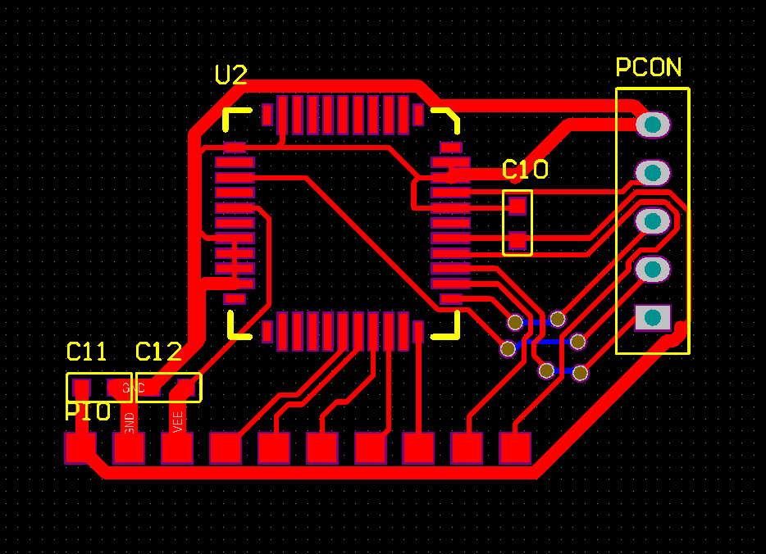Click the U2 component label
point(230,75)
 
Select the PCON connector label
point(649,67)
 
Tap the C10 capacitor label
point(525,170)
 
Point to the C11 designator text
point(86,352)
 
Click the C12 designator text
point(158,352)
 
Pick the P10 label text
point(88,411)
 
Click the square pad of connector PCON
point(652,317)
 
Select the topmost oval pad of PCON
point(653,125)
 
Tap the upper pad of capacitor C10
point(517,205)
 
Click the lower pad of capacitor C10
point(517,240)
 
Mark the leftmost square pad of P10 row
point(80,448)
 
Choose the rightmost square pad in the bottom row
point(515,448)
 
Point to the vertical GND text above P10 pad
point(129,422)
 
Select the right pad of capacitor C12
point(185,388)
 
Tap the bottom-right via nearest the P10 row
point(580,373)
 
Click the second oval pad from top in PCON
point(653,173)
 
